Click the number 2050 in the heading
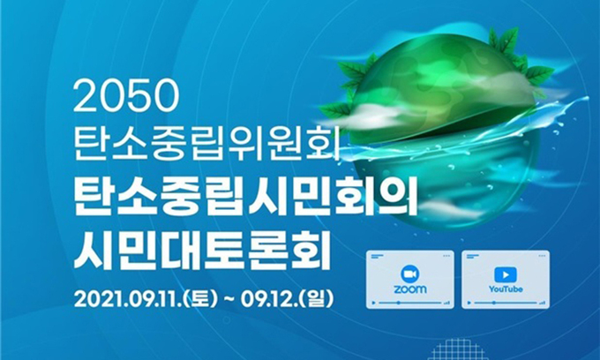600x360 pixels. pyautogui.click(x=126, y=97)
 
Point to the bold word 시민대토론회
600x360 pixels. pyautogui.click(x=202, y=250)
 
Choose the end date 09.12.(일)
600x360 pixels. pyautogui.click(x=287, y=299)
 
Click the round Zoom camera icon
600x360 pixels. pyautogui.click(x=409, y=274)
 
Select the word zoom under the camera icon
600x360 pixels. pyautogui.click(x=409, y=289)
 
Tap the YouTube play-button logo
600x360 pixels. pyautogui.click(x=506, y=274)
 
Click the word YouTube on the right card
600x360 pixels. pyautogui.click(x=506, y=289)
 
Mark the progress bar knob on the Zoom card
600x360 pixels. pyautogui.click(x=398, y=303)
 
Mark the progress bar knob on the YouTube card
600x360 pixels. pyautogui.click(x=493, y=303)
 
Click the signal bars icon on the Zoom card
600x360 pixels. pyautogui.click(x=446, y=303)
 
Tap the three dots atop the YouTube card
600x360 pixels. pyautogui.click(x=542, y=256)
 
